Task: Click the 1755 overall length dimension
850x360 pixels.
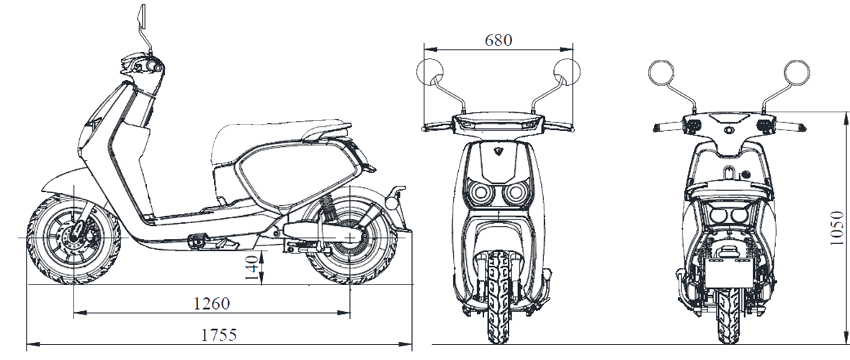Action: (x=219, y=335)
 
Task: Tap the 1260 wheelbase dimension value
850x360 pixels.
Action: (x=212, y=304)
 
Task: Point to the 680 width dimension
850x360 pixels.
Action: (x=498, y=40)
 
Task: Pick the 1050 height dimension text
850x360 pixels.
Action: (x=837, y=228)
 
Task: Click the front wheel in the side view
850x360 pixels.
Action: (x=74, y=239)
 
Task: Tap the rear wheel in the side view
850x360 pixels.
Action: (x=351, y=238)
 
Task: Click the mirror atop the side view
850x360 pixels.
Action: (x=143, y=17)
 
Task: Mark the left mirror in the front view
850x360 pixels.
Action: (x=431, y=71)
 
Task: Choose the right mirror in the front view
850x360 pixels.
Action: (x=566, y=71)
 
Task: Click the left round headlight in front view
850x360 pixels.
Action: (x=479, y=192)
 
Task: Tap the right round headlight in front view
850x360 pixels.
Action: (x=516, y=192)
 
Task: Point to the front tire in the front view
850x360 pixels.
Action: (x=498, y=296)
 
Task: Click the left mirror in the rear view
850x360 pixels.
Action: (x=661, y=72)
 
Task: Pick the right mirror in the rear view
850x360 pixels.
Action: (x=796, y=72)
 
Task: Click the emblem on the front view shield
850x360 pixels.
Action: (x=498, y=150)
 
